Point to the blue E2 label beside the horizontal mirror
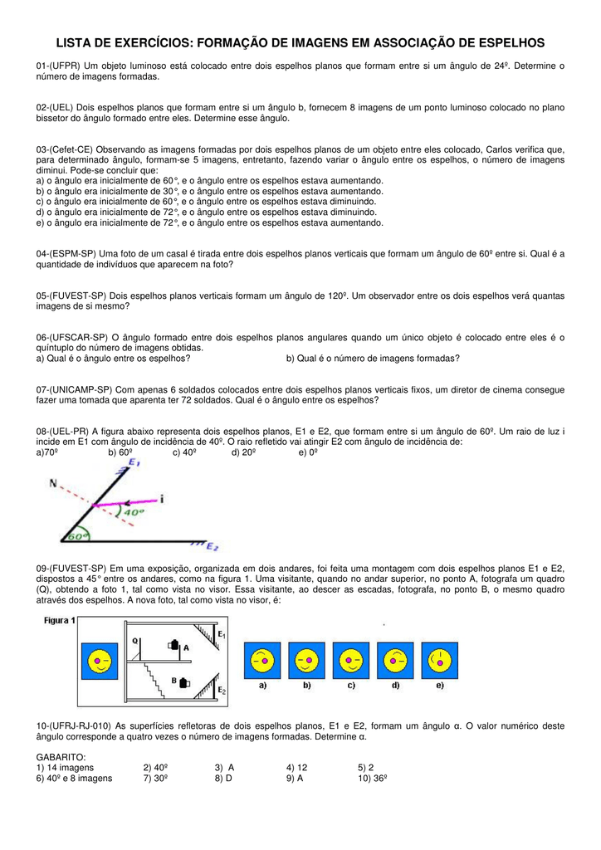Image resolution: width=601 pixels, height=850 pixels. [x=213, y=546]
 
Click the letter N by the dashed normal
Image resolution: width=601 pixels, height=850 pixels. [x=53, y=482]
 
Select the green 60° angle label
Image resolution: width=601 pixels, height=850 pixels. [x=78, y=537]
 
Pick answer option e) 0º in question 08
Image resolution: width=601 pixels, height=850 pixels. [x=308, y=452]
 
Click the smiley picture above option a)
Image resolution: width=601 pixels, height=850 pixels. [x=261, y=661]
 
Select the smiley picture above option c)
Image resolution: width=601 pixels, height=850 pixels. [x=351, y=661]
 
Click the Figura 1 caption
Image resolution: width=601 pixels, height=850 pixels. [x=60, y=619]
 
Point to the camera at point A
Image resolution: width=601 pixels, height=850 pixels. [x=174, y=644]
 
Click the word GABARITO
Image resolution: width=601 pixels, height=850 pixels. [x=61, y=758]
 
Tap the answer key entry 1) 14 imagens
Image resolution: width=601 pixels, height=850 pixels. [x=66, y=768]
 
